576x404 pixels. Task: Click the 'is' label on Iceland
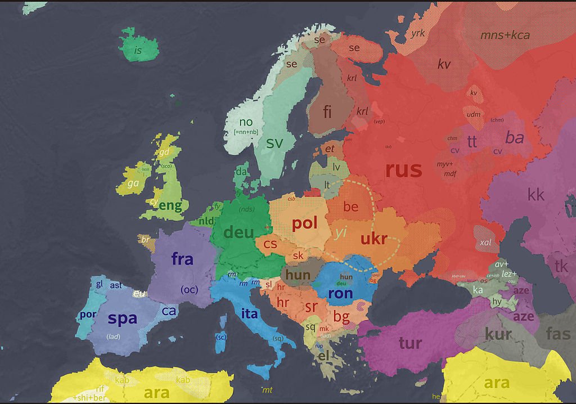pyautogui.click(x=138, y=51)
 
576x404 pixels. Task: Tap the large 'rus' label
pyautogui.click(x=403, y=169)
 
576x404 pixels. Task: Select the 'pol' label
pyautogui.click(x=305, y=223)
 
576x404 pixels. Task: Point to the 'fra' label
pyautogui.click(x=182, y=259)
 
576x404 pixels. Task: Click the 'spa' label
pyautogui.click(x=122, y=318)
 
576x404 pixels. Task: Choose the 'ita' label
pyautogui.click(x=249, y=314)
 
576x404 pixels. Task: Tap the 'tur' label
pyautogui.click(x=410, y=342)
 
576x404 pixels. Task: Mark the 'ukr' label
pyautogui.click(x=374, y=239)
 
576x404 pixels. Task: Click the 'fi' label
pyautogui.click(x=327, y=111)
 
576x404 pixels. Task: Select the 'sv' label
pyautogui.click(x=274, y=143)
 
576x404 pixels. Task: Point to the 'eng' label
pyautogui.click(x=170, y=205)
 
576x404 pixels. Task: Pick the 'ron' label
pyautogui.click(x=340, y=293)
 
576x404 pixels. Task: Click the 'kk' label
pyautogui.click(x=535, y=195)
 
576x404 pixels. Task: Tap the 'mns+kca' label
pyautogui.click(x=505, y=35)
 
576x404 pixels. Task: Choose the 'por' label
pyautogui.click(x=87, y=315)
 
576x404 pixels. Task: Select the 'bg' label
pyautogui.click(x=341, y=316)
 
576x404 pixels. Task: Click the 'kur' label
pyautogui.click(x=498, y=334)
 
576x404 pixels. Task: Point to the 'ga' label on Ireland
pyautogui.click(x=133, y=183)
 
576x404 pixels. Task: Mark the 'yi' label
pyautogui.click(x=341, y=232)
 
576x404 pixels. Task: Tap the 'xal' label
pyautogui.click(x=485, y=242)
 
